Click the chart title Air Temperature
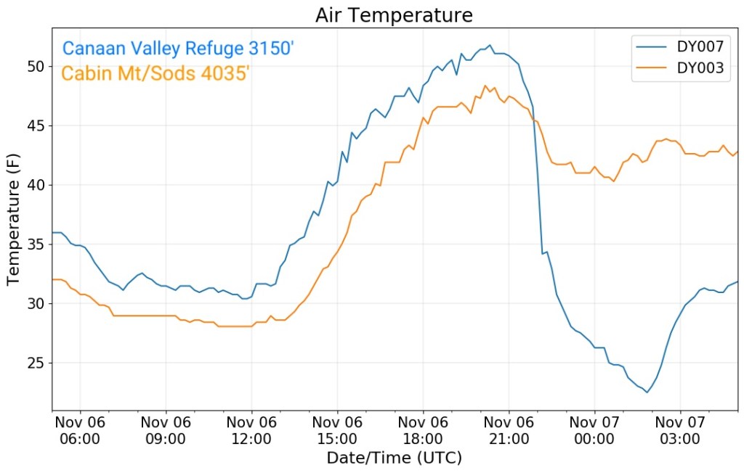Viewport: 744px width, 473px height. point(395,16)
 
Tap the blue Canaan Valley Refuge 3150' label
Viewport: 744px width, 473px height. point(178,49)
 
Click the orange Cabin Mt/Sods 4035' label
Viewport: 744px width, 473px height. point(156,73)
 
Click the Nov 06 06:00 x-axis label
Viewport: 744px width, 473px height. point(80,430)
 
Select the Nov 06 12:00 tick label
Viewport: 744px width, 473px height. point(251,430)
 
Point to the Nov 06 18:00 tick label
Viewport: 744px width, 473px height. point(423,430)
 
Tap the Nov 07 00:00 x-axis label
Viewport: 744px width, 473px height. point(594,430)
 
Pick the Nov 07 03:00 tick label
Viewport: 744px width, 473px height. point(680,430)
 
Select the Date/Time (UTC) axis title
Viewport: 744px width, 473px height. point(395,458)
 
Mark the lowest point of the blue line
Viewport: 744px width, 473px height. point(647,392)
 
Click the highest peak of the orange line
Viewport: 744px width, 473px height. point(485,86)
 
